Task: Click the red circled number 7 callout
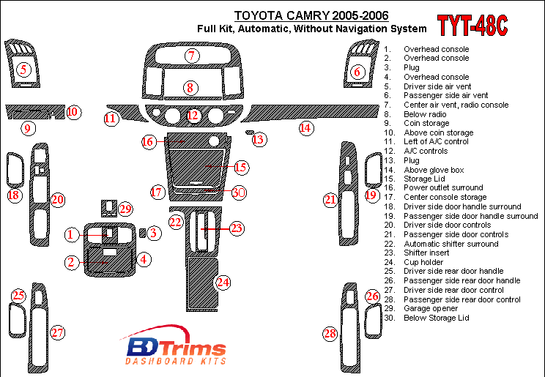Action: point(192,56)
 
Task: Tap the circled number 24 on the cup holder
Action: point(223,282)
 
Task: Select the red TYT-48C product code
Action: point(472,25)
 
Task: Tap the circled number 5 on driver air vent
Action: point(24,70)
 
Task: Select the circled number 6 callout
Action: point(357,72)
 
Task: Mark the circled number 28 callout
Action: point(330,334)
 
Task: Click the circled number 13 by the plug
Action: point(258,139)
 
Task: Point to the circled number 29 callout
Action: point(125,209)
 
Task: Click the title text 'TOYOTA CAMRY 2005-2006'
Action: point(312,15)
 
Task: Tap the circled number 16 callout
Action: point(149,141)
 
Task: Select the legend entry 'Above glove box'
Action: point(432,169)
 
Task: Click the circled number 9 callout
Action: point(27,130)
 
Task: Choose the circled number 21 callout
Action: point(330,199)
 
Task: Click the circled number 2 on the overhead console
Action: point(71,262)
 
